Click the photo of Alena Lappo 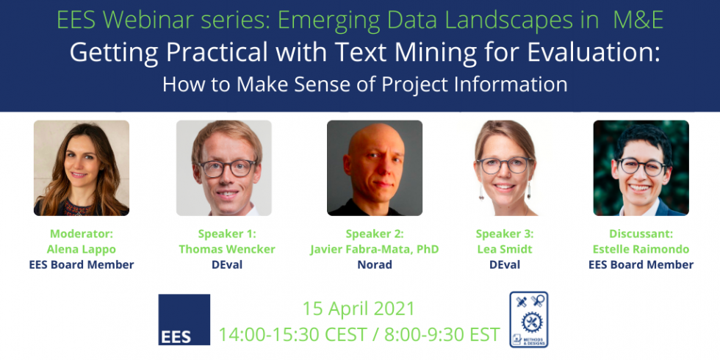click(x=82, y=168)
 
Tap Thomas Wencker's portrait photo click(x=224, y=168)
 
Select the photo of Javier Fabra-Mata click(x=375, y=168)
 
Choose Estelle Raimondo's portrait click(x=641, y=168)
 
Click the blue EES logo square click(x=184, y=320)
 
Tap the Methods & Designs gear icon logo click(x=529, y=319)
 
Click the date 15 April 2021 click(x=359, y=309)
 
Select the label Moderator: click(x=82, y=234)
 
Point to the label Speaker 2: click(x=375, y=234)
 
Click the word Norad click(x=375, y=264)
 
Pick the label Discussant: click(x=641, y=234)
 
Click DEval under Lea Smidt click(x=505, y=264)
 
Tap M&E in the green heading click(x=638, y=20)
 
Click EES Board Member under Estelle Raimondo click(x=641, y=264)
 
